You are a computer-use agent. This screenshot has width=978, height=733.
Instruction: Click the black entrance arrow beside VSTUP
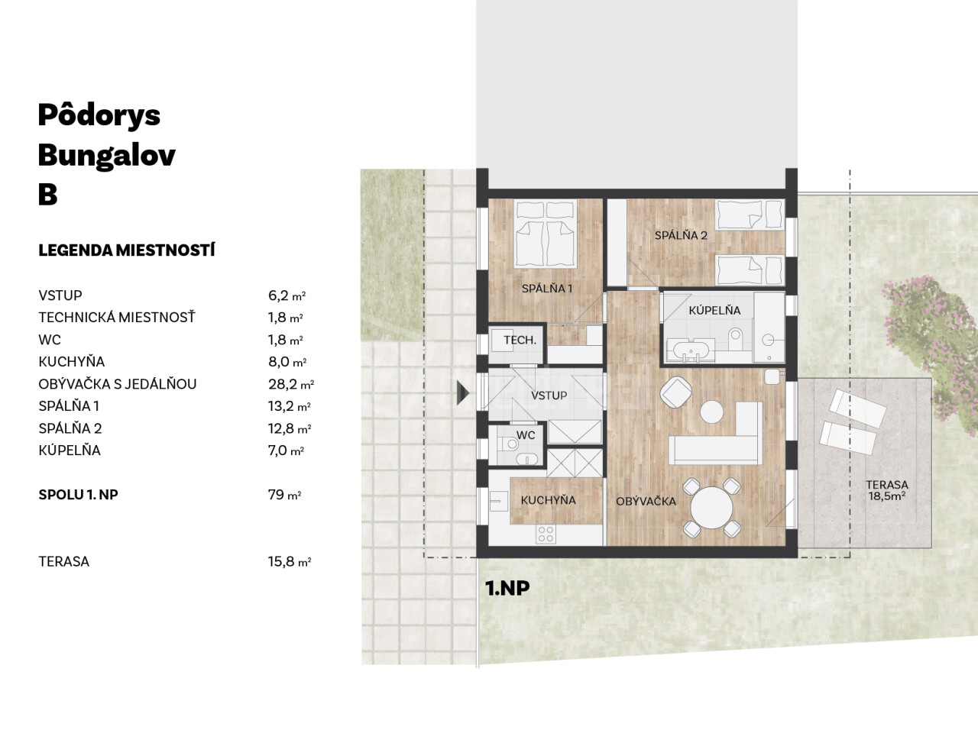click(x=463, y=393)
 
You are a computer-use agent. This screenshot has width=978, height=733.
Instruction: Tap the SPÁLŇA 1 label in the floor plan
click(x=547, y=289)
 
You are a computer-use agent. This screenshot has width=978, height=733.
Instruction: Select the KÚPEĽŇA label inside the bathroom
click(x=714, y=310)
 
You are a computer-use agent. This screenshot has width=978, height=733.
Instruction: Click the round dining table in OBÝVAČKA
click(x=711, y=508)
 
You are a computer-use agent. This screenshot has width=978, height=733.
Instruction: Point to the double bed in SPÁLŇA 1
click(x=545, y=234)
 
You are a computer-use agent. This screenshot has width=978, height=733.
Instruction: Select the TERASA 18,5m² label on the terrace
click(x=886, y=490)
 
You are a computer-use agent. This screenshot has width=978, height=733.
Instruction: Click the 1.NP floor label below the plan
click(x=507, y=589)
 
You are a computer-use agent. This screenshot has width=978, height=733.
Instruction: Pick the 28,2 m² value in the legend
click(x=291, y=384)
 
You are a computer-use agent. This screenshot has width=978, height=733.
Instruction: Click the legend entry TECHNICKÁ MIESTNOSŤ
click(x=117, y=318)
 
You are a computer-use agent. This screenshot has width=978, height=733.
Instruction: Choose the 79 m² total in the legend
click(x=284, y=495)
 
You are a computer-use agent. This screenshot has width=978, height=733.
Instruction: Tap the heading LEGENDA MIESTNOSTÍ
click(x=127, y=250)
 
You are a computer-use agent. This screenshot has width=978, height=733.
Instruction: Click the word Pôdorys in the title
click(x=99, y=116)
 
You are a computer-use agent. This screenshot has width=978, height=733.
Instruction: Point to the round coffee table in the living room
click(x=711, y=412)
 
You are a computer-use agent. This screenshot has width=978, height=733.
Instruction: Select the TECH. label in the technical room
click(x=520, y=341)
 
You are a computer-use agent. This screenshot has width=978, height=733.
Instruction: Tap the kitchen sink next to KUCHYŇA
click(x=499, y=501)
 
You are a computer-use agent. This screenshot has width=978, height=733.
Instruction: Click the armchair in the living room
click(x=676, y=392)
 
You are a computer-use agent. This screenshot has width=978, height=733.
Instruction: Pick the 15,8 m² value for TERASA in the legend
click(x=289, y=562)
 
